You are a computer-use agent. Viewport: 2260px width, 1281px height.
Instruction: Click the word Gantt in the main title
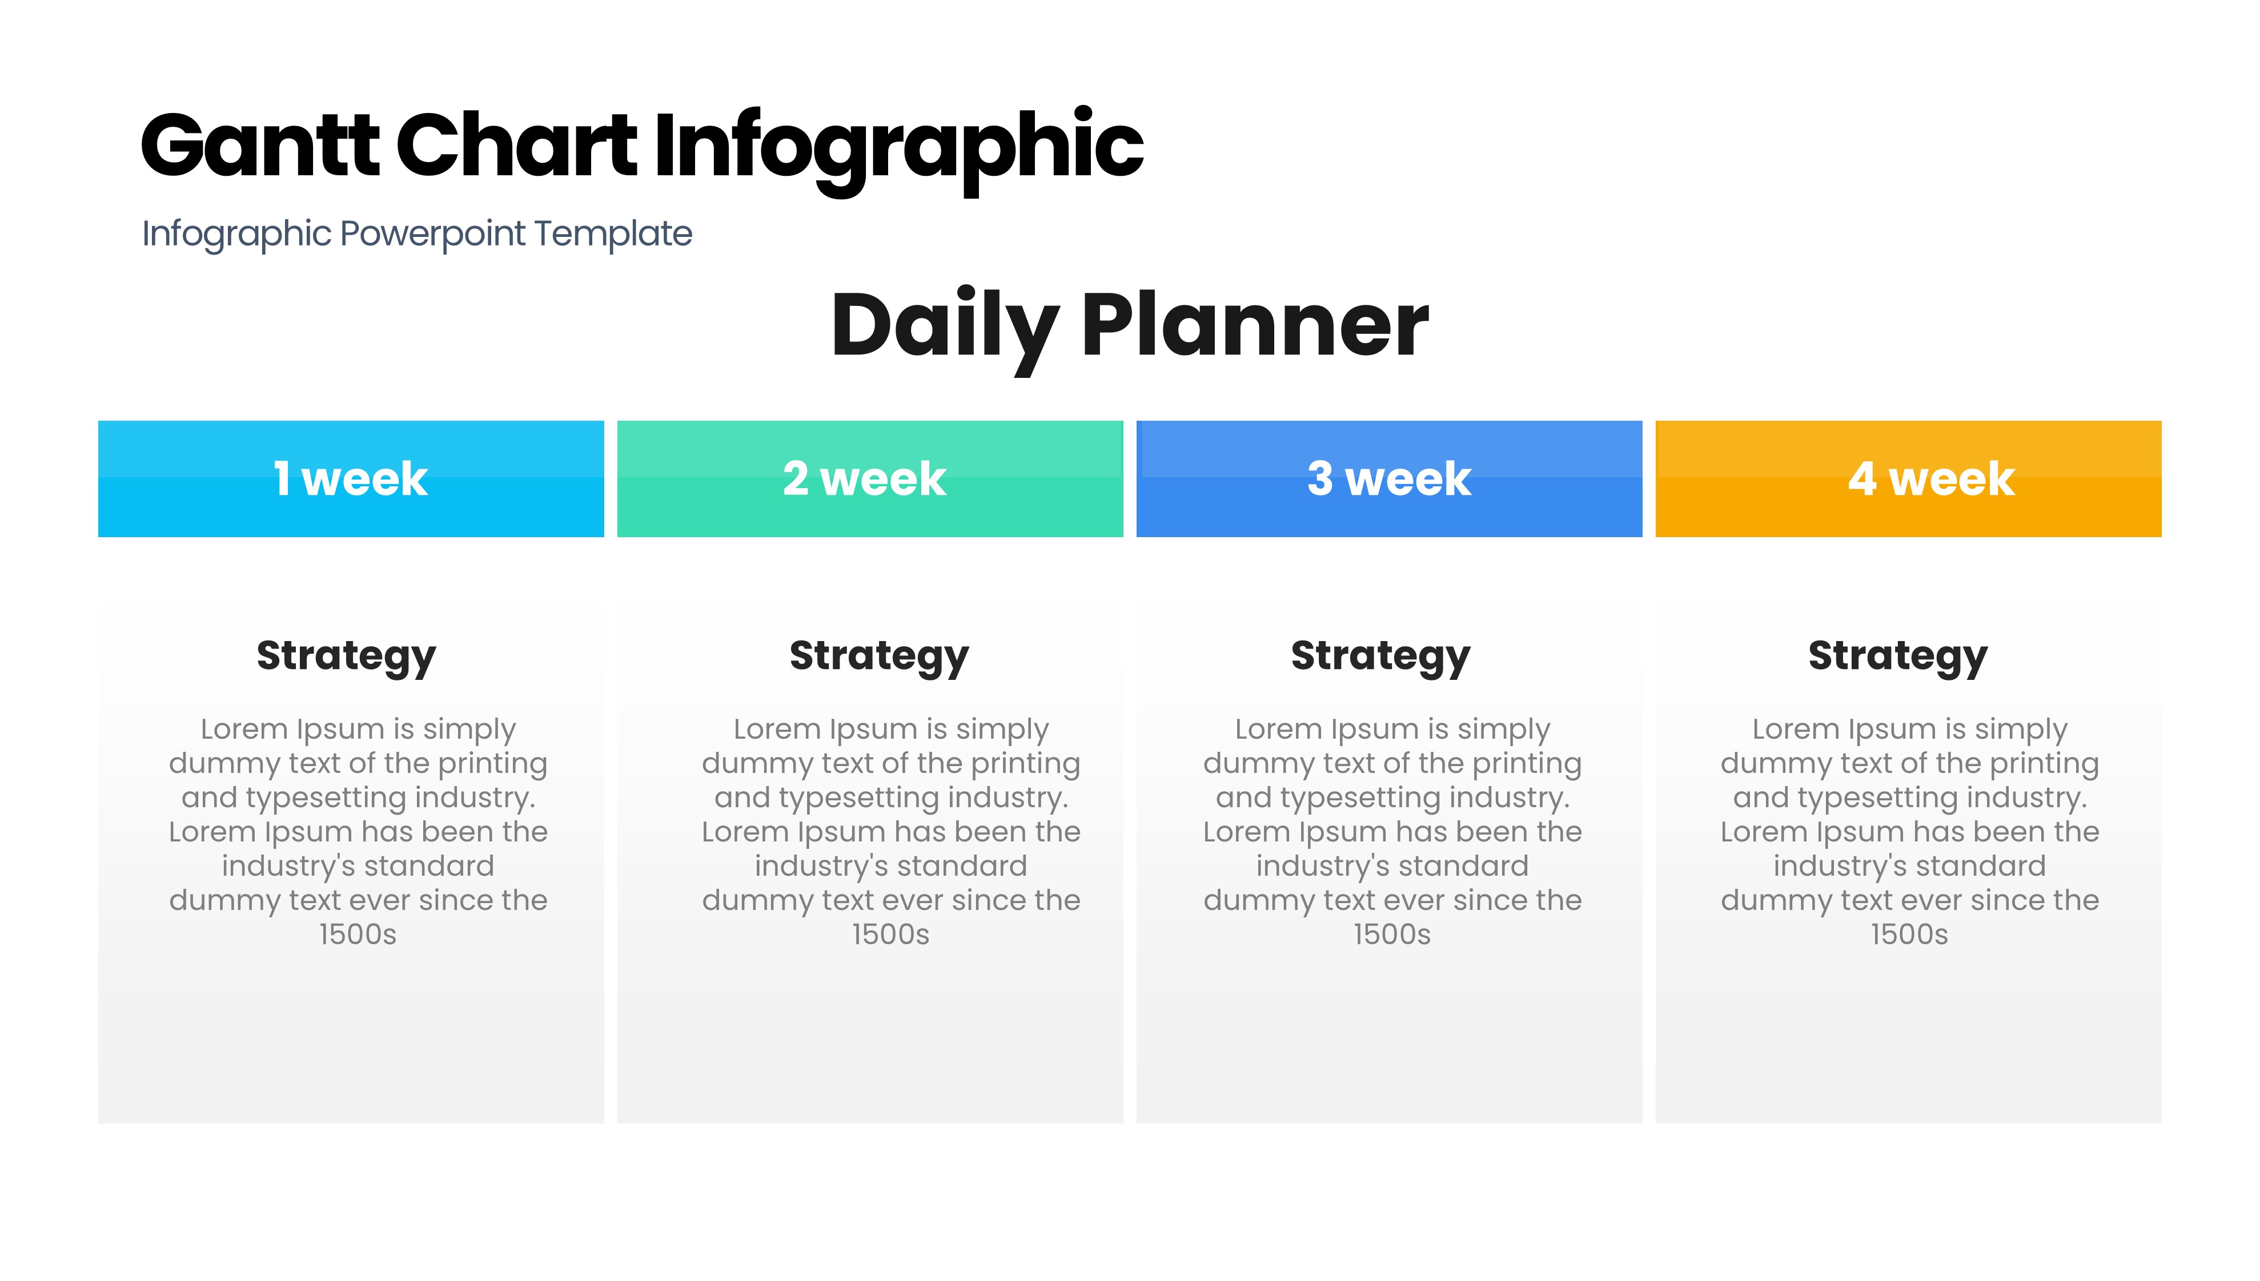pos(260,144)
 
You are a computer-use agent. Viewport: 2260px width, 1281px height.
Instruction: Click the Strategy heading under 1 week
pos(346,657)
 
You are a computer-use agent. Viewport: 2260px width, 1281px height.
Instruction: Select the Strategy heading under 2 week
pos(879,657)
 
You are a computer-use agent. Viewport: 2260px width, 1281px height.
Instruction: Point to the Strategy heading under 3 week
pos(1381,657)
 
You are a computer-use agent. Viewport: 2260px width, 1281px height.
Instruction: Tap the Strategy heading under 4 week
pos(1898,657)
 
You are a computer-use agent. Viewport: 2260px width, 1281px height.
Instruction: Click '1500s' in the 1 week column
pos(358,934)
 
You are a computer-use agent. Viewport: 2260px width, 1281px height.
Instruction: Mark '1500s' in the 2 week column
pos(890,934)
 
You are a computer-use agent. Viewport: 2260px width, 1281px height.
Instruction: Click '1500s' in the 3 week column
pos(1392,934)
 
